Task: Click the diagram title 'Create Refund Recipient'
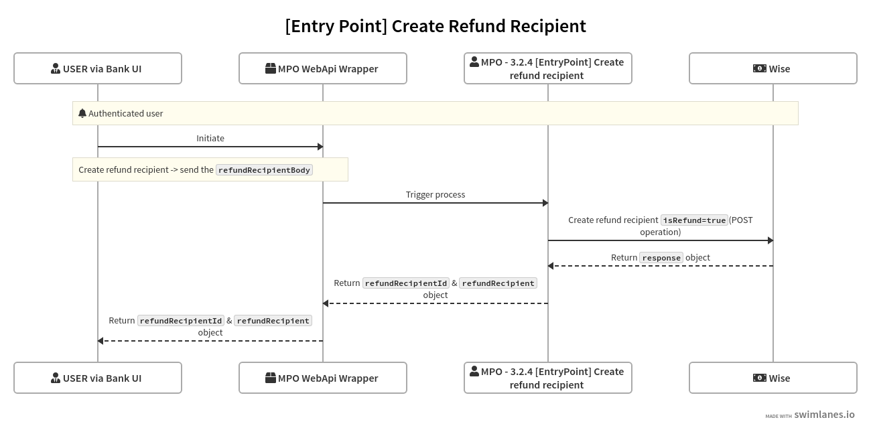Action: pyautogui.click(x=435, y=26)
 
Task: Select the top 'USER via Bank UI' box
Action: pyautogui.click(x=98, y=68)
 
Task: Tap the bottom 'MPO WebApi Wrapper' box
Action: pyautogui.click(x=323, y=378)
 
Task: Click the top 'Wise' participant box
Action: pyautogui.click(x=773, y=68)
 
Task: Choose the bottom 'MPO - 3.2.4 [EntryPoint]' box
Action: pyautogui.click(x=548, y=378)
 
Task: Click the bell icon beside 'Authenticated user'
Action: pyautogui.click(x=82, y=113)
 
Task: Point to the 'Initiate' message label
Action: pyautogui.click(x=210, y=138)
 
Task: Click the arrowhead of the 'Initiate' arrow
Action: pyautogui.click(x=320, y=147)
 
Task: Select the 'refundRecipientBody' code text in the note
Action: pyautogui.click(x=264, y=170)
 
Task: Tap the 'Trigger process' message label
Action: pyautogui.click(x=435, y=194)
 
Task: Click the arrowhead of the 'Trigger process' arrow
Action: pyautogui.click(x=545, y=203)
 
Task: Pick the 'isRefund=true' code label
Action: pyautogui.click(x=694, y=220)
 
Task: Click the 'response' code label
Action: pyautogui.click(x=661, y=258)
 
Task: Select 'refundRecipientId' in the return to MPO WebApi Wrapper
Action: pyautogui.click(x=406, y=283)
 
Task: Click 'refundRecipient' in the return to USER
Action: pyautogui.click(x=273, y=321)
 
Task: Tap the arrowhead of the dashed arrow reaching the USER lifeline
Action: pyautogui.click(x=101, y=341)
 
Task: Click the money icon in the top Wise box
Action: pyautogui.click(x=759, y=68)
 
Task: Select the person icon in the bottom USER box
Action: pyautogui.click(x=56, y=378)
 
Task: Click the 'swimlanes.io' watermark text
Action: pyautogui.click(x=824, y=415)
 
